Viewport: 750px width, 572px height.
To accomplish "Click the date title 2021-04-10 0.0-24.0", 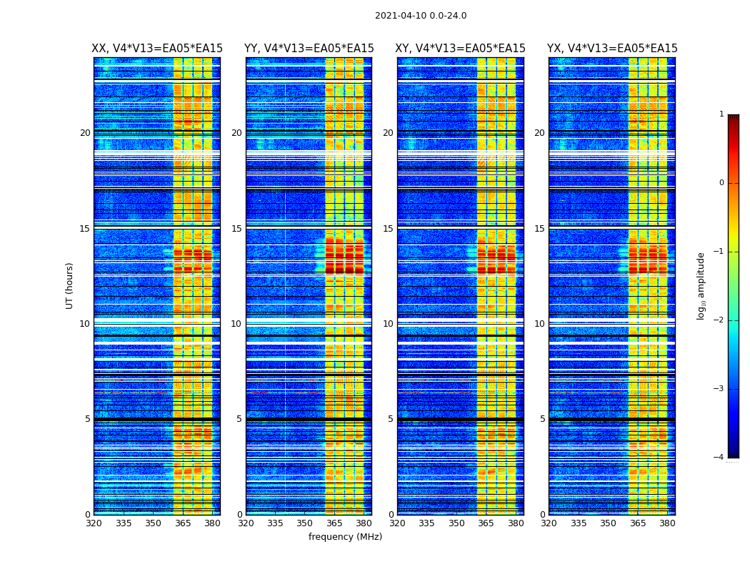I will tap(421, 16).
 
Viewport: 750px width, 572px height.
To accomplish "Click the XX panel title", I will tap(157, 49).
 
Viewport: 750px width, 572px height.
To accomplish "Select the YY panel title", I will tap(309, 49).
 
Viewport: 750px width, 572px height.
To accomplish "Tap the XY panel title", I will tap(461, 49).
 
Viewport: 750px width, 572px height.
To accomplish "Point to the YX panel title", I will tap(612, 49).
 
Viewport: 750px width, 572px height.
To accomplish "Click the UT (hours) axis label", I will tap(70, 285).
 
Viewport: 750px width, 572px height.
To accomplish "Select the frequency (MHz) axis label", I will tap(345, 537).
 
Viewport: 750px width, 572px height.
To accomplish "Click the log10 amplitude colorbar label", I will tap(701, 285).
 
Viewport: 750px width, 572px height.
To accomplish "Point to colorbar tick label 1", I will tap(721, 114).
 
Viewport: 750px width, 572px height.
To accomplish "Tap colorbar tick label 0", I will tap(721, 183).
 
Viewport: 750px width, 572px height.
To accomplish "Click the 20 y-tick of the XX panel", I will tap(85, 133).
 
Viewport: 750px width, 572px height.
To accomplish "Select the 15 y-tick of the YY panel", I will tap(236, 229).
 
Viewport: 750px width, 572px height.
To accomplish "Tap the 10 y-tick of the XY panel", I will tap(388, 324).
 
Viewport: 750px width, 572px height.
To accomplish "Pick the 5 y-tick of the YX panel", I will tap(542, 419).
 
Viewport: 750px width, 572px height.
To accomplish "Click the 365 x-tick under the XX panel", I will tap(183, 523).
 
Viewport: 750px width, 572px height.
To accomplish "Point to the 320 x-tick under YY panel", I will tap(246, 523).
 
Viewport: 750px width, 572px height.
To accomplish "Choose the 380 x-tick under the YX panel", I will tap(667, 523).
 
